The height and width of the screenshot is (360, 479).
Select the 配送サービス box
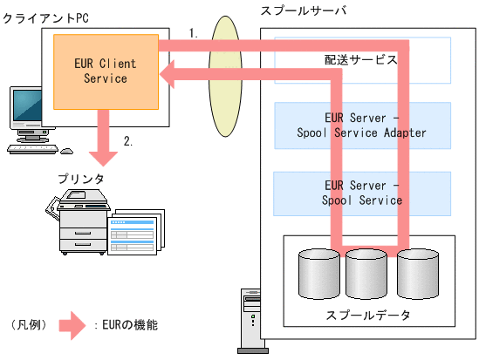point(362,59)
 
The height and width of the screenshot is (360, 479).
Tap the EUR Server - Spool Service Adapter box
point(362,126)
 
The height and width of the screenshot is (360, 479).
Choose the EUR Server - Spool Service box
point(362,193)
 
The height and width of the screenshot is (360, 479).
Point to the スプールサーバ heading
point(303,10)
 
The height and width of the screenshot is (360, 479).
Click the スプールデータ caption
point(368,314)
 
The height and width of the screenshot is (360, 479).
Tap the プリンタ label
point(81,179)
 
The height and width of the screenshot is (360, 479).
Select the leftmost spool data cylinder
point(318,275)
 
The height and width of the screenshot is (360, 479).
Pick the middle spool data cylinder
point(366,275)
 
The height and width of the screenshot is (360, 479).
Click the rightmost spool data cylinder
point(416,275)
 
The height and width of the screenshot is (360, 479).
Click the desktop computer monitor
point(27,109)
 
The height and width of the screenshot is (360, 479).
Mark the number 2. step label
point(128,141)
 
